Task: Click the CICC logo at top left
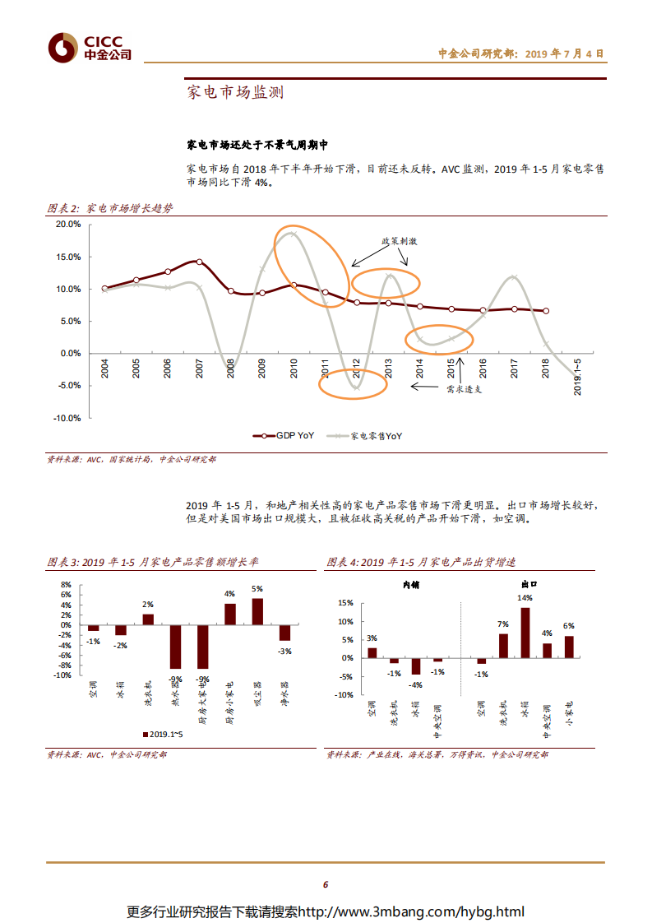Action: click(90, 49)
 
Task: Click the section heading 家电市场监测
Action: click(235, 92)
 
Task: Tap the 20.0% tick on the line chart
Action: click(68, 224)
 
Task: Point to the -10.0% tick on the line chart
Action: click(67, 418)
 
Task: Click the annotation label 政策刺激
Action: click(399, 242)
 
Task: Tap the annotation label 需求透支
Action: click(464, 389)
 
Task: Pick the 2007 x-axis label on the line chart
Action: click(200, 369)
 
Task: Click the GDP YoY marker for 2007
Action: click(199, 262)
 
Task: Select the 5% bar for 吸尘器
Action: click(257, 611)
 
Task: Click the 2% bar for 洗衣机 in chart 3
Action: click(148, 619)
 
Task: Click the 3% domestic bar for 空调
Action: click(372, 652)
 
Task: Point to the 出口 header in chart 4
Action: click(527, 584)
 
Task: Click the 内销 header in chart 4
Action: click(410, 584)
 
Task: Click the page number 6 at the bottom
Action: click(326, 884)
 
